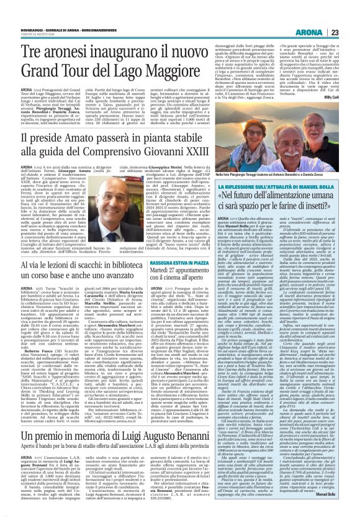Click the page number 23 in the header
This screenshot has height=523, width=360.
pyautogui.click(x=351, y=15)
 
